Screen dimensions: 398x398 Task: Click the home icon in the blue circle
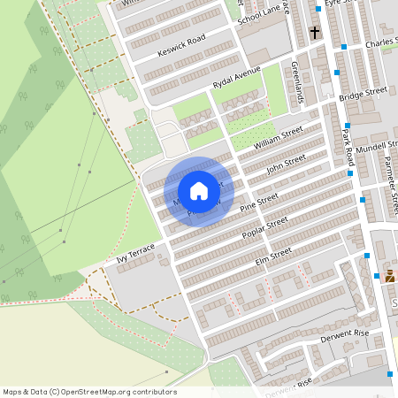coord(199,191)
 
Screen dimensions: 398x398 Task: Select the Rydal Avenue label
coord(236,78)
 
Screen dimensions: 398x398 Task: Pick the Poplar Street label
coord(264,228)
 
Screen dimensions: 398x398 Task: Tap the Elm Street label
coord(273,256)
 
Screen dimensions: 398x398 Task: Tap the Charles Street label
coord(381,42)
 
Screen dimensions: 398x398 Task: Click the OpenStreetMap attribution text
coord(89,392)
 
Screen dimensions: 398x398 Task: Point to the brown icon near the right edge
coord(390,276)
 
